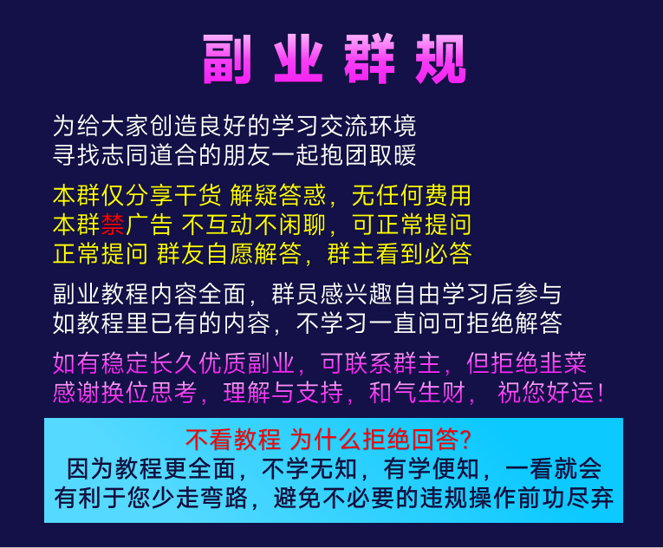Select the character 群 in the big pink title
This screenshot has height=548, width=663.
pos(372,62)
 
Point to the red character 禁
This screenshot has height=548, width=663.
pos(114,225)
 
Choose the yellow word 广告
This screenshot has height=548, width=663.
pos(150,225)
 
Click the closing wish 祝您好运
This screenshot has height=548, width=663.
pos(542,392)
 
